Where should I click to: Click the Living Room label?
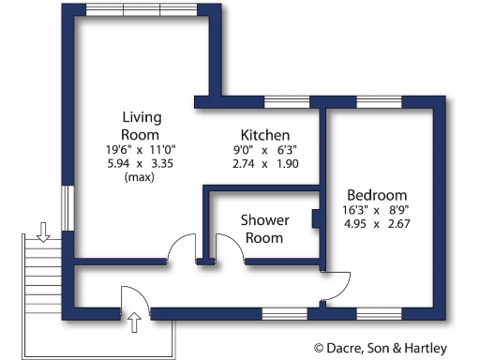[x=142, y=127]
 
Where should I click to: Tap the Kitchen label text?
[x=264, y=135]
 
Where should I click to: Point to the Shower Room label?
[x=265, y=229]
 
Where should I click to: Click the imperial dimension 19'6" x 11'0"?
[x=142, y=149]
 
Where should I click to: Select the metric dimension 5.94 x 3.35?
[x=142, y=163]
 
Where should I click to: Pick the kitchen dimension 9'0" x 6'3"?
[x=264, y=150]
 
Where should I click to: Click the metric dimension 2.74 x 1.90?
[x=264, y=164]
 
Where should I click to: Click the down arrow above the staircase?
[x=42, y=231]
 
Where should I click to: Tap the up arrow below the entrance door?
[x=134, y=323]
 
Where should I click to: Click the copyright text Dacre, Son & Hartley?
[x=394, y=347]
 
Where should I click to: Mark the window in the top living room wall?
[x=142, y=8]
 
